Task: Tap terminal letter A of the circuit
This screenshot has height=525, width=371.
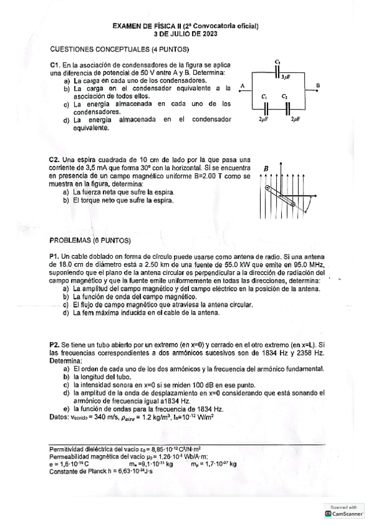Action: click(242, 85)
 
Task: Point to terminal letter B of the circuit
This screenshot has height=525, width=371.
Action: click(317, 85)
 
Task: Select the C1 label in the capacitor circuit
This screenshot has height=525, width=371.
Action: click(265, 97)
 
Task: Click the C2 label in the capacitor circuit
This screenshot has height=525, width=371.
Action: click(284, 97)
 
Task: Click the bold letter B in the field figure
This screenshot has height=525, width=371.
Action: click(266, 168)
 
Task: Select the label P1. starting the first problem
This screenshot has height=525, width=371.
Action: click(54, 256)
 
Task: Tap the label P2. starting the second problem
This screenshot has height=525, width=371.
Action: click(54, 344)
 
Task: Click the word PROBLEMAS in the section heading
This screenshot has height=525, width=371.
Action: click(70, 240)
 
